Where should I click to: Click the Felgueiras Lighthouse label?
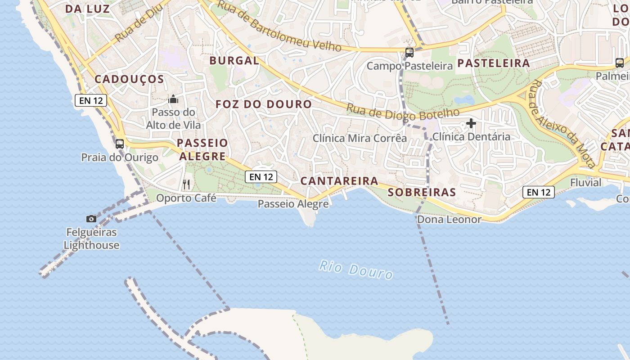click(x=91, y=239)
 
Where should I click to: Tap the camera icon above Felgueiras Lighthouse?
click(x=91, y=219)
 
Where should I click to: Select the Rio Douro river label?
click(x=356, y=269)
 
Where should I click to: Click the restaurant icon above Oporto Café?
click(x=186, y=184)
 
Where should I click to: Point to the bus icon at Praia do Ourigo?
click(x=120, y=144)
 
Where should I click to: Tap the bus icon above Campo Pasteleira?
click(x=409, y=52)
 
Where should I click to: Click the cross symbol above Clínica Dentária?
click(x=471, y=123)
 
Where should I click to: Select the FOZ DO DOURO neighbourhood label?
click(x=264, y=104)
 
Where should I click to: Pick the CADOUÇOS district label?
click(x=129, y=79)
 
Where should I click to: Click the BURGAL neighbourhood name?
click(x=234, y=61)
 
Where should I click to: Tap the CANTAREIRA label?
click(x=339, y=181)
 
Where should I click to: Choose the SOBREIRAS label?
click(x=422, y=193)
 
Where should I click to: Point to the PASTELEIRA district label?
click(x=494, y=63)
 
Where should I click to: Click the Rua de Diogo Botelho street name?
click(x=403, y=113)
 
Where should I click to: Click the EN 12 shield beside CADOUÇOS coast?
click(x=91, y=100)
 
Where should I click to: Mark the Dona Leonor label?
click(x=449, y=220)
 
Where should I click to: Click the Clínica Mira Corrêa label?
click(x=360, y=138)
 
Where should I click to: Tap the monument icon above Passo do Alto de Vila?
click(x=174, y=99)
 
